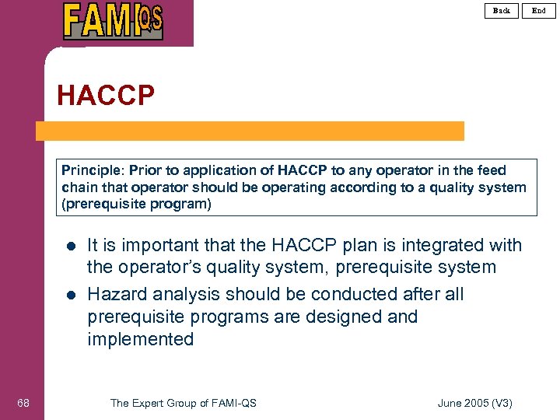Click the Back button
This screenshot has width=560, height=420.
[502, 10]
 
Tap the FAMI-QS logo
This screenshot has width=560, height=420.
[113, 21]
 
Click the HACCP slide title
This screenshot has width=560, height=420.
[106, 96]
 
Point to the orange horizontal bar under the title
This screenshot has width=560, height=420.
[249, 131]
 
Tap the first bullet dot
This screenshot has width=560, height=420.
[70, 247]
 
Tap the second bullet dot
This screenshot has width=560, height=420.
[70, 296]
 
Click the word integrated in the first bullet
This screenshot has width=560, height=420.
[428, 246]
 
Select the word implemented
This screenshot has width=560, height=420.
[141, 339]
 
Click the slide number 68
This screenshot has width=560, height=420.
[23, 402]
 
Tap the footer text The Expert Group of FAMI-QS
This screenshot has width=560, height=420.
[184, 403]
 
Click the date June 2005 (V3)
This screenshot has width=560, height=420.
[475, 403]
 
